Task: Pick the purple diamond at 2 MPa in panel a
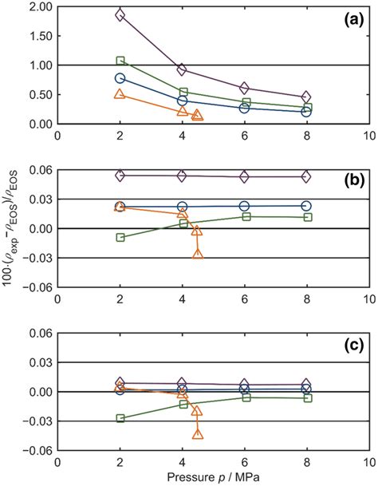pyautogui.click(x=120, y=15)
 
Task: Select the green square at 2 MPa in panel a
pyautogui.click(x=120, y=61)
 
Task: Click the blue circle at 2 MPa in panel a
pyautogui.click(x=120, y=78)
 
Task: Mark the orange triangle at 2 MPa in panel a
pyautogui.click(x=120, y=94)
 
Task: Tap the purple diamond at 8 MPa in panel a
pyautogui.click(x=306, y=97)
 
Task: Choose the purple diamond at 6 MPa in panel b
pyautogui.click(x=244, y=176)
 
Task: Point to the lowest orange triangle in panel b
pyautogui.click(x=198, y=254)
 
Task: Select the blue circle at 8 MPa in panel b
pyautogui.click(x=306, y=206)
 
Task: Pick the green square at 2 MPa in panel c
pyautogui.click(x=120, y=418)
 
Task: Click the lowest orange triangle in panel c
pyautogui.click(x=198, y=434)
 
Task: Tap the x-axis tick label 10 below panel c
pyautogui.click(x=368, y=462)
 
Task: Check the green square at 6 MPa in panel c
pyautogui.click(x=244, y=397)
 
